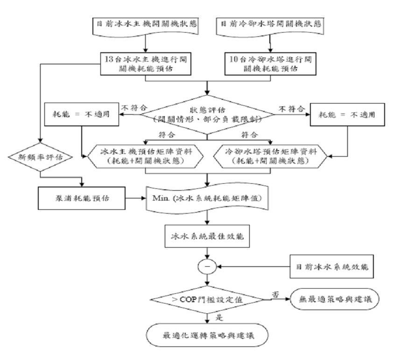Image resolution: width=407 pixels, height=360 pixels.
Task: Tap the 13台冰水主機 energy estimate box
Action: click(x=147, y=63)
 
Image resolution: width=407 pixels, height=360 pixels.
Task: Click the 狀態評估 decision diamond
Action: click(x=207, y=113)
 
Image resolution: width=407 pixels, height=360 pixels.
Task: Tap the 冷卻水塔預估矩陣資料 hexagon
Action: click(x=268, y=155)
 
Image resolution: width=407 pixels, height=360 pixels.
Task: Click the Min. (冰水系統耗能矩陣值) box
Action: click(x=207, y=198)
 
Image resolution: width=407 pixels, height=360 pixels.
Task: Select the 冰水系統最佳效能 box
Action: click(x=207, y=235)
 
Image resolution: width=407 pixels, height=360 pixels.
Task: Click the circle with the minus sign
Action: click(x=207, y=267)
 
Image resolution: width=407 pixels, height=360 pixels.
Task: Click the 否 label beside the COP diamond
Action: click(x=275, y=293)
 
